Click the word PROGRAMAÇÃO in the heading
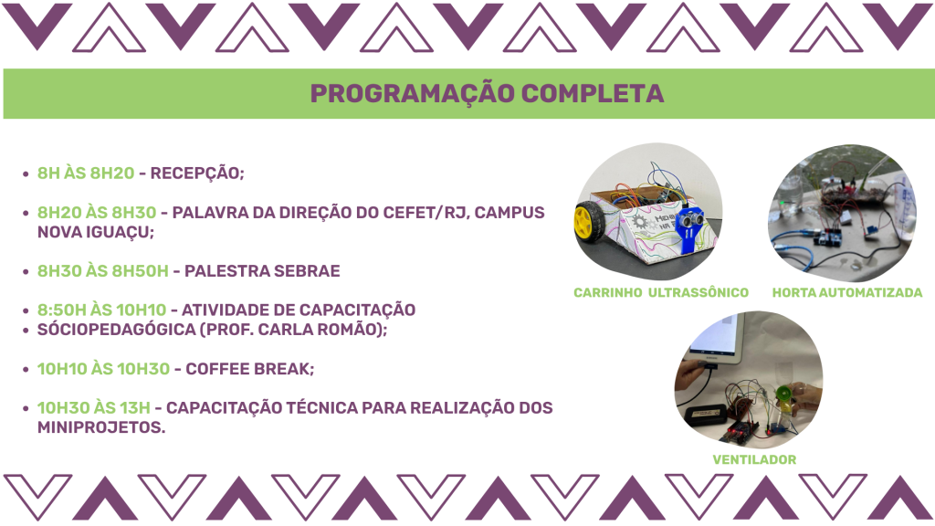click(412, 94)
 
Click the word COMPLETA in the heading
click(593, 94)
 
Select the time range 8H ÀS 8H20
click(86, 173)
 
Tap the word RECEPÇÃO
click(197, 174)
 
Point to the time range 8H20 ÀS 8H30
click(97, 212)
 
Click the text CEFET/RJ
click(427, 212)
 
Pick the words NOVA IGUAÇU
click(95, 232)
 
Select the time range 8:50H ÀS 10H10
click(101, 310)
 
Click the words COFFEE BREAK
click(250, 369)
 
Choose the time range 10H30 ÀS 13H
click(94, 408)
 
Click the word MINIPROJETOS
click(101, 427)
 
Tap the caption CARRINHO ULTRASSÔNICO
click(661, 293)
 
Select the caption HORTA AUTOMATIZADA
click(847, 293)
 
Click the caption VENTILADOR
click(754, 460)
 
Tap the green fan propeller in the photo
click(782, 394)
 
